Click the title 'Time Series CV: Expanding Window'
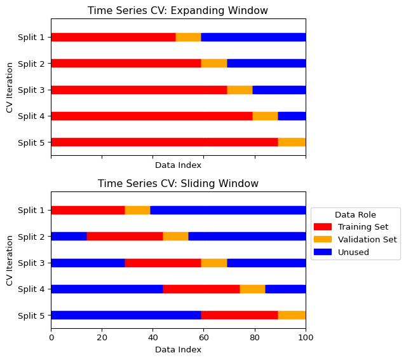pyautogui.click(x=178, y=10)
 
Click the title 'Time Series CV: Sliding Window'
pyautogui.click(x=178, y=183)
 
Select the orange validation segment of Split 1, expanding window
pyautogui.click(x=189, y=37)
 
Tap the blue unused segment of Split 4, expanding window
pyautogui.click(x=292, y=116)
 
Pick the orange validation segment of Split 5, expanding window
pyautogui.click(x=292, y=142)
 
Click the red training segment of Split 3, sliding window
pyautogui.click(x=163, y=263)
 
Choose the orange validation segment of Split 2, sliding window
pyautogui.click(x=176, y=237)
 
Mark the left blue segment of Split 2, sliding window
pyautogui.click(x=69, y=237)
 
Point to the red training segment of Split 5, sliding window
pyautogui.click(x=240, y=315)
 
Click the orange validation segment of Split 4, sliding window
pyautogui.click(x=252, y=289)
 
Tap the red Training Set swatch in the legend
pyautogui.click(x=323, y=226)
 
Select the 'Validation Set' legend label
pyautogui.click(x=367, y=239)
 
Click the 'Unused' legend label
pyautogui.click(x=353, y=252)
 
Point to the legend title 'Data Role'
pyautogui.click(x=356, y=214)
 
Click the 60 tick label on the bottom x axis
pyautogui.click(x=203, y=338)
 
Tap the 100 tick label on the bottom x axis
pyautogui.click(x=306, y=338)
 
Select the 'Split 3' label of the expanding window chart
pyautogui.click(x=31, y=90)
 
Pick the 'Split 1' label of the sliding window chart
pyautogui.click(x=31, y=211)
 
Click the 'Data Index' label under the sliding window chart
pyautogui.click(x=178, y=349)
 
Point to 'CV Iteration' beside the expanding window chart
pyautogui.click(x=10, y=89)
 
